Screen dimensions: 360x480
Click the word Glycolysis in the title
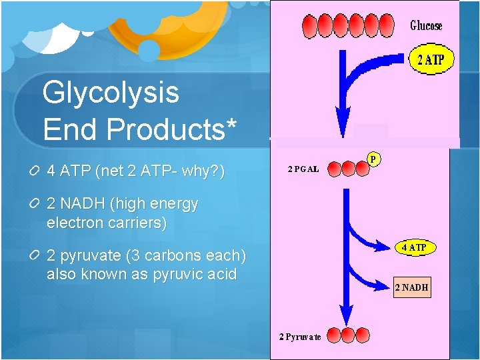[x=111, y=93]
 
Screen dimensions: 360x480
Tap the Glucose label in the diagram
[x=426, y=26]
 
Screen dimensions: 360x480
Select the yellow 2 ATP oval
[x=431, y=61]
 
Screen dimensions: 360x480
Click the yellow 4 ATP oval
[x=413, y=247]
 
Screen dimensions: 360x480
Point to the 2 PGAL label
[x=303, y=169]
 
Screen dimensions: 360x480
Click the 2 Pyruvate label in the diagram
[x=299, y=336]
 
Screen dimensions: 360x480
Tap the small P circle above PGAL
[x=374, y=159]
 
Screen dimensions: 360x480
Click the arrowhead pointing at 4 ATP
[x=383, y=247]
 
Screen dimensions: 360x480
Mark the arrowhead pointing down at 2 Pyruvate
[x=345, y=316]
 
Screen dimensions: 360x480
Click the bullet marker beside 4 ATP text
[x=33, y=172]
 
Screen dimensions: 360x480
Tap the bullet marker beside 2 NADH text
[x=33, y=205]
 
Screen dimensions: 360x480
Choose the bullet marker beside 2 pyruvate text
[x=33, y=256]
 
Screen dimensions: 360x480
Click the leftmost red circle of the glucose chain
[x=310, y=27]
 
